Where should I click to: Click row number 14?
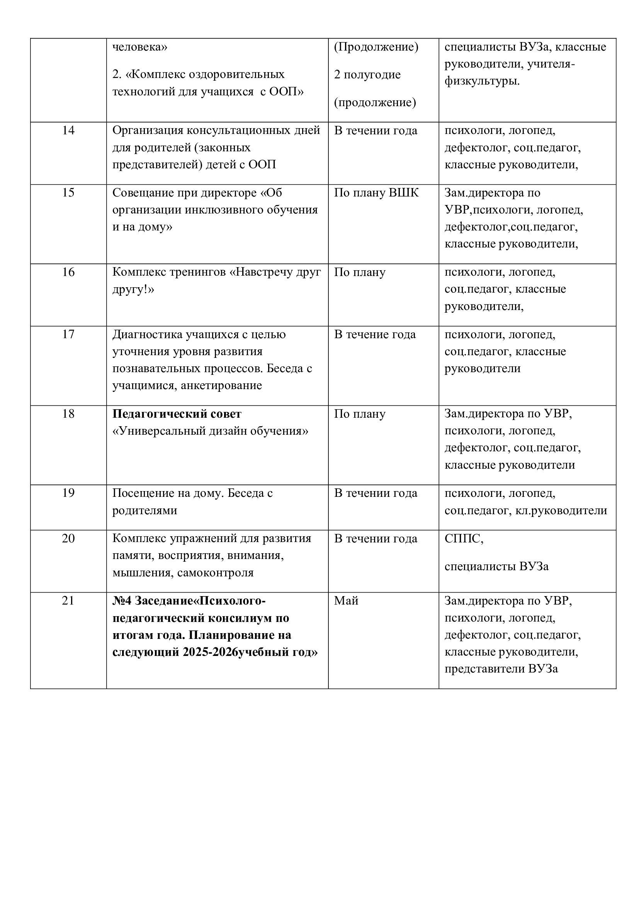68,130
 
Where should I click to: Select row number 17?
68,334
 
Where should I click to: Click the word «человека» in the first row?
140,47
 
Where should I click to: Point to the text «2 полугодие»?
367,75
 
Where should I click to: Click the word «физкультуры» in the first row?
481,81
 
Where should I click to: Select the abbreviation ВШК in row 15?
404,193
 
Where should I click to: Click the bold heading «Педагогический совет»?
177,414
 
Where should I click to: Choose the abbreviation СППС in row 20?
463,539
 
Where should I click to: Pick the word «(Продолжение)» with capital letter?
376,47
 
